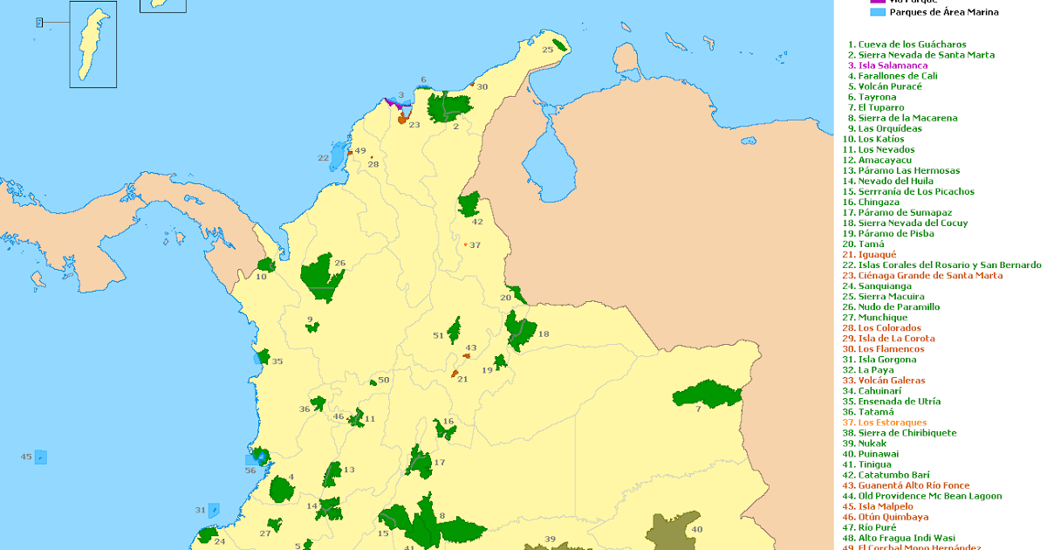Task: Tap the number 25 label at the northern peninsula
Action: (x=548, y=50)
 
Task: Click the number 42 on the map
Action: (x=477, y=222)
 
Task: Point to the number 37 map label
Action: (x=476, y=245)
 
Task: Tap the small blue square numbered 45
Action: (x=41, y=457)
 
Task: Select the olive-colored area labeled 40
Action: (x=676, y=528)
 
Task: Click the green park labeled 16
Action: (x=445, y=429)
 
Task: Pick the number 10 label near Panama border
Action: (x=261, y=277)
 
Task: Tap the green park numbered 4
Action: (x=282, y=490)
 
